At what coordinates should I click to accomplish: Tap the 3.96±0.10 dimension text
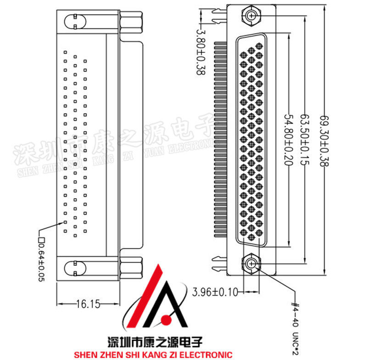[x=216, y=292]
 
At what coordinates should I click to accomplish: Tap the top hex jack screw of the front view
[x=251, y=16]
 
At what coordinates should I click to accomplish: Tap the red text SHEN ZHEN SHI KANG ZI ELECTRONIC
[x=153, y=354]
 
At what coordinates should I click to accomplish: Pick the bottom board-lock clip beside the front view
[x=218, y=264]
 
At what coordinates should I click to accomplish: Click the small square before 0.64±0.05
[x=41, y=239]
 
